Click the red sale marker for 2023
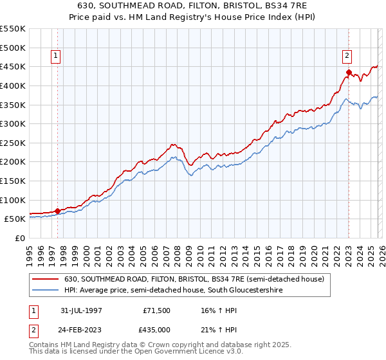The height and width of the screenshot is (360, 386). coord(348,72)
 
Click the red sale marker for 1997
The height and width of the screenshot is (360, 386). coord(58,210)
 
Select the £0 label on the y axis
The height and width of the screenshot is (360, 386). coord(20,238)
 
